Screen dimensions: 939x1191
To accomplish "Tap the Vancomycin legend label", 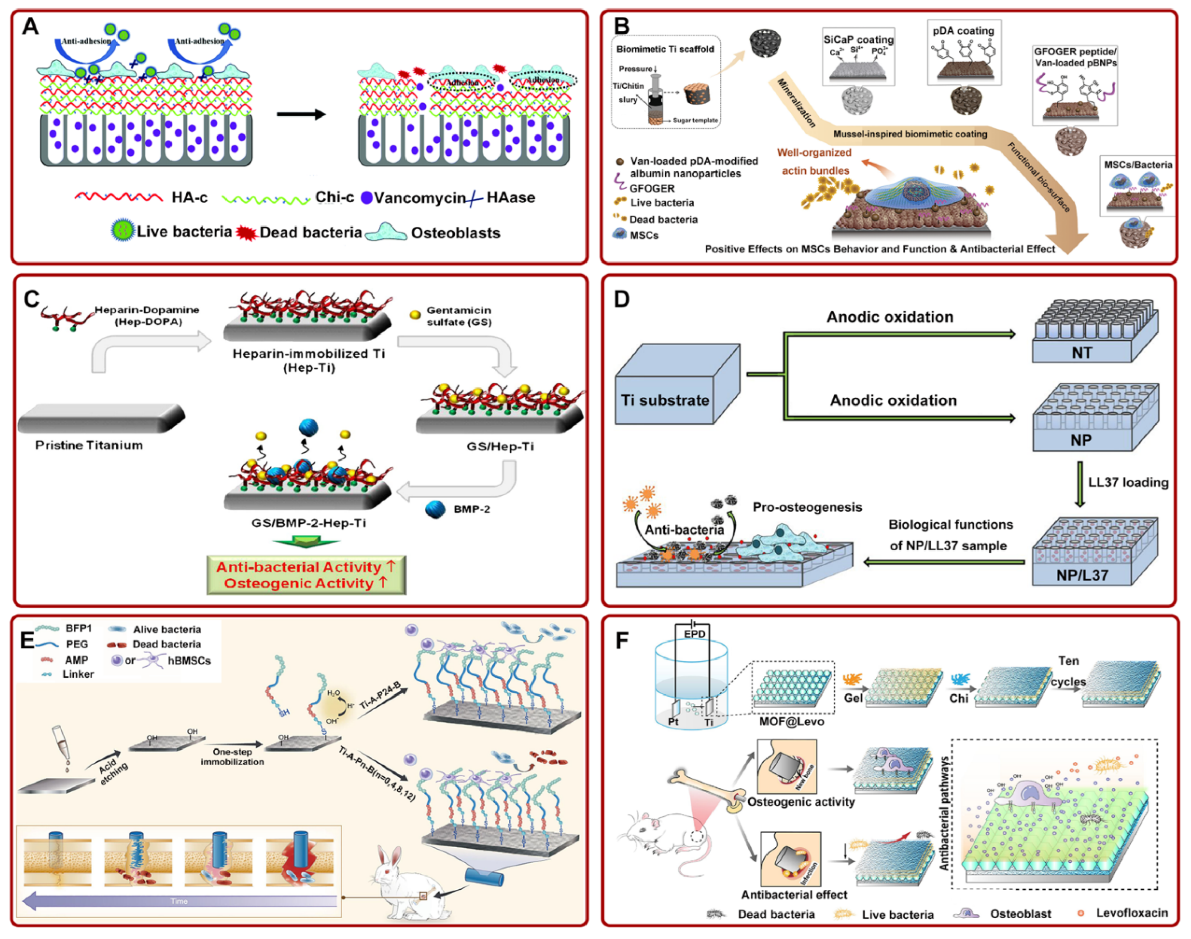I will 419,198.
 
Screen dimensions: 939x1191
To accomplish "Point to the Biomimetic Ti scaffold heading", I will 665,49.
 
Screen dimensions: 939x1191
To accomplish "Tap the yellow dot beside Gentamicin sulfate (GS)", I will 415,314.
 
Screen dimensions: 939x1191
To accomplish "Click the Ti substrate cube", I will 677,385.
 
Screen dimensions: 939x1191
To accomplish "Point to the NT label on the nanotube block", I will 1082,353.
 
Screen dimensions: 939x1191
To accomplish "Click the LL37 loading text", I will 1128,482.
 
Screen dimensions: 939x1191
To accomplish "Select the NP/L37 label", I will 1082,575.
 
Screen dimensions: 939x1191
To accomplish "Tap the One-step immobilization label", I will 232,757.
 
